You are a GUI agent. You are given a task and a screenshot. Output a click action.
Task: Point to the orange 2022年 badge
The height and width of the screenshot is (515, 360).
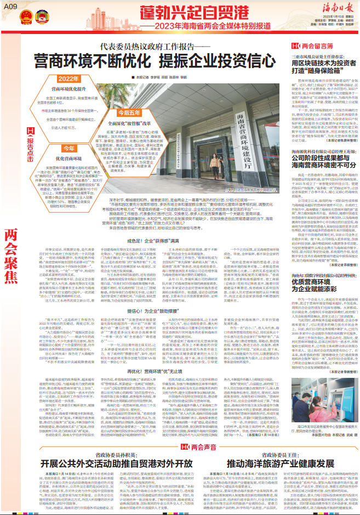point(69,80)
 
